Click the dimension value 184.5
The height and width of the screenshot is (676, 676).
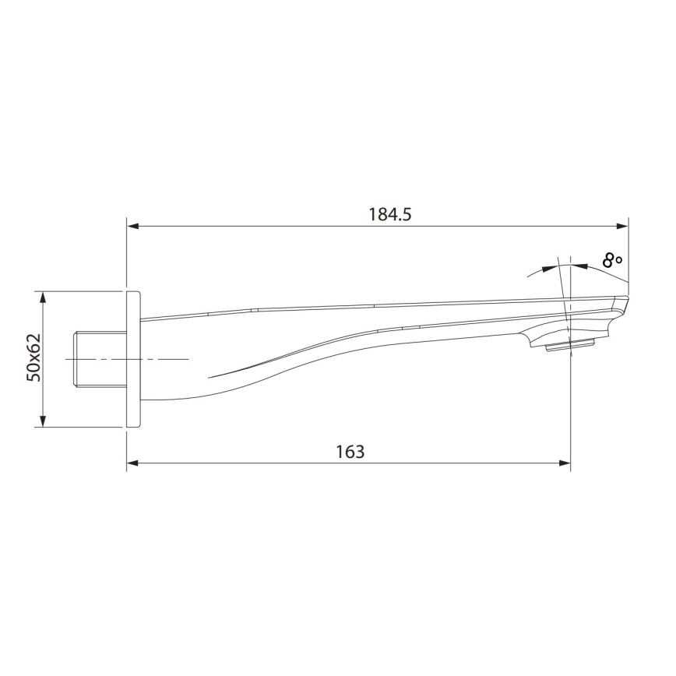tap(389, 214)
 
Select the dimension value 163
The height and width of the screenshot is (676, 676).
tap(350, 452)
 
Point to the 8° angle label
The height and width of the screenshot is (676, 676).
tap(612, 259)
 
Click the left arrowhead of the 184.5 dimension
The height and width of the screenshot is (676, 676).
tap(132, 227)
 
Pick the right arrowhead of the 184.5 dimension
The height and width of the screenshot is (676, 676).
tap(622, 227)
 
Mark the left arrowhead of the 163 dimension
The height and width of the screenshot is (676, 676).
tap(132, 463)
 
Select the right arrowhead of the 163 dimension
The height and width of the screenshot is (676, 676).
tap(565, 463)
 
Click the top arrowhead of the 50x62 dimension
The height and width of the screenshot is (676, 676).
tap(43, 298)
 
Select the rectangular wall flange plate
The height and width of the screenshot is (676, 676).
tap(133, 358)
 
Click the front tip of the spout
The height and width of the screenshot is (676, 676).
tap(625, 300)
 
